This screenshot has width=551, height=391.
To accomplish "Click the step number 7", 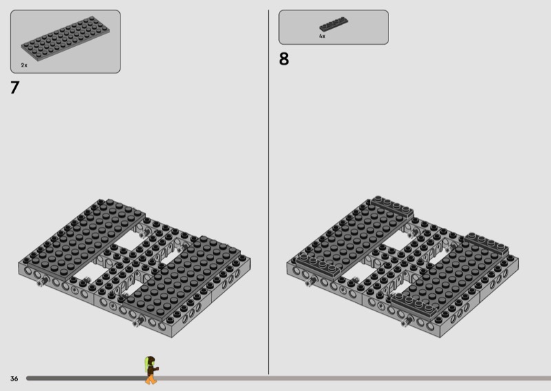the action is (14, 87).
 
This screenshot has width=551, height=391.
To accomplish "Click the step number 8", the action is (284, 59).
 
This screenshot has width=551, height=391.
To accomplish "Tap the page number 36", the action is (14, 379).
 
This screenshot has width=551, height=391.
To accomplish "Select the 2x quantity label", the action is (24, 65).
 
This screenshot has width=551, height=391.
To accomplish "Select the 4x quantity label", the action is (322, 36).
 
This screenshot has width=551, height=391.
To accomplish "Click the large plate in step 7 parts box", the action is (65, 39).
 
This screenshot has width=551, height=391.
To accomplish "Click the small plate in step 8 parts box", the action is (333, 24).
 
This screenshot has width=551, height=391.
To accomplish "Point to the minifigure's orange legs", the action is (151, 379).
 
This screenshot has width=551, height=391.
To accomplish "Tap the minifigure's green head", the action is (149, 362).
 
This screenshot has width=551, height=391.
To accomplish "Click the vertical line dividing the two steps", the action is (269, 192).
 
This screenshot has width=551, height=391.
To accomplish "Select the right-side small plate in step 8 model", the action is (486, 244).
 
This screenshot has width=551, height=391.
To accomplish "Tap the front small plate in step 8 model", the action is (414, 304).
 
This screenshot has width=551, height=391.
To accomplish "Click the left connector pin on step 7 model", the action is (42, 281).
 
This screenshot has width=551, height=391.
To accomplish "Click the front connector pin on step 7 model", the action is (138, 321).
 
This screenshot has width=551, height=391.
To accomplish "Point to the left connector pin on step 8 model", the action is (311, 281).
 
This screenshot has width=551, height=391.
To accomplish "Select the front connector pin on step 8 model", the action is (406, 321).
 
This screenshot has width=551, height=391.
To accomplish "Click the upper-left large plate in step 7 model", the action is (83, 236).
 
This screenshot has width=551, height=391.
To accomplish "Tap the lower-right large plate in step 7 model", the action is (183, 277).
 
